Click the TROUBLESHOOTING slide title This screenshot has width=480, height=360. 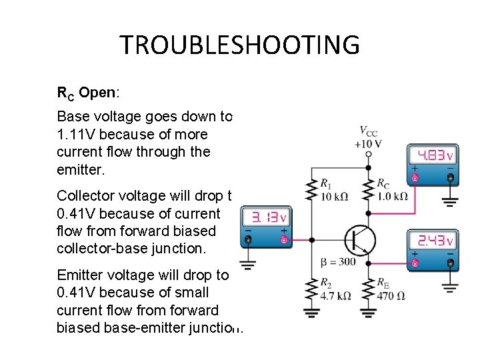click(x=239, y=45)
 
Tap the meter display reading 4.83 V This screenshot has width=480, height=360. click(x=433, y=156)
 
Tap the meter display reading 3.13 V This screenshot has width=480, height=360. click(x=265, y=217)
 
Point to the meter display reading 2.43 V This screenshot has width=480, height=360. click(x=433, y=241)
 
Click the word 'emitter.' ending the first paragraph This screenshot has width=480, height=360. click(x=81, y=170)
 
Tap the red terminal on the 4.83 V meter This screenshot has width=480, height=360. click(x=415, y=178)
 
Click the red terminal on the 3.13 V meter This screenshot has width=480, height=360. click(x=284, y=239)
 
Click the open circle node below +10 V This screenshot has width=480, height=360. click(x=369, y=154)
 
